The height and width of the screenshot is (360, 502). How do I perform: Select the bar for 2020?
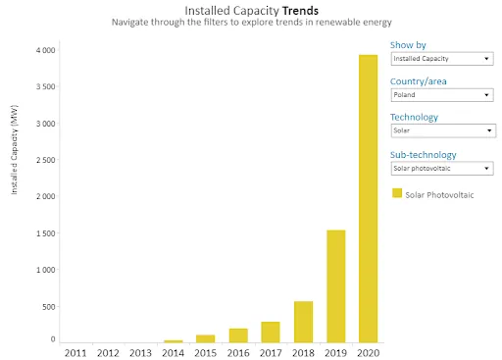pyautogui.click(x=368, y=199)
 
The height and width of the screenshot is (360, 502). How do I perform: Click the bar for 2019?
pyautogui.click(x=336, y=286)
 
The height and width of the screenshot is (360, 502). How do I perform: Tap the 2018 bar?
pyautogui.click(x=303, y=322)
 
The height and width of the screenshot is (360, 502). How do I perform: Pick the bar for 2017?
pyautogui.click(x=271, y=333)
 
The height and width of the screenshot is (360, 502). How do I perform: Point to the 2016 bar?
pyautogui.click(x=238, y=335)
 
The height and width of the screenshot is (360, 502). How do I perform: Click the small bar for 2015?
pyautogui.click(x=206, y=338)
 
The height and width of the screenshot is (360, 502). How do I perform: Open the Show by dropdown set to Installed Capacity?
pyautogui.click(x=442, y=59)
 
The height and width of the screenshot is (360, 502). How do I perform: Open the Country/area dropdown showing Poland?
pyautogui.click(x=442, y=95)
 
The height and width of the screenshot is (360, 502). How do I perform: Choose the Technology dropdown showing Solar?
pyautogui.click(x=443, y=130)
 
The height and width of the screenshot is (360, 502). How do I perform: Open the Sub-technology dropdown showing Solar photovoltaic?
pyautogui.click(x=442, y=169)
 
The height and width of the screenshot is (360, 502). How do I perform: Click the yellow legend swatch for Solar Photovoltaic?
pyautogui.click(x=397, y=193)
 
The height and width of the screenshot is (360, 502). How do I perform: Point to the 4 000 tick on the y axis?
pyautogui.click(x=46, y=50)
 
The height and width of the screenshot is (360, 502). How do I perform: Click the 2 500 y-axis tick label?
pyautogui.click(x=46, y=160)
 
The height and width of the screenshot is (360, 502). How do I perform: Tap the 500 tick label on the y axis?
pyautogui.click(x=49, y=307)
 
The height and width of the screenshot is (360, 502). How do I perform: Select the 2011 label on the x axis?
pyautogui.click(x=75, y=353)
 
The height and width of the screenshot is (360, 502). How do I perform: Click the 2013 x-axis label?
pyautogui.click(x=140, y=353)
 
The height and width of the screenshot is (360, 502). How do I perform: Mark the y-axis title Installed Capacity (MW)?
pyautogui.click(x=14, y=150)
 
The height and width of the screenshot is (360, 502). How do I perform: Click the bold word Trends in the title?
pyautogui.click(x=300, y=11)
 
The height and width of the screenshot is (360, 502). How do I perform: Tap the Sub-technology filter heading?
pyautogui.click(x=424, y=155)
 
